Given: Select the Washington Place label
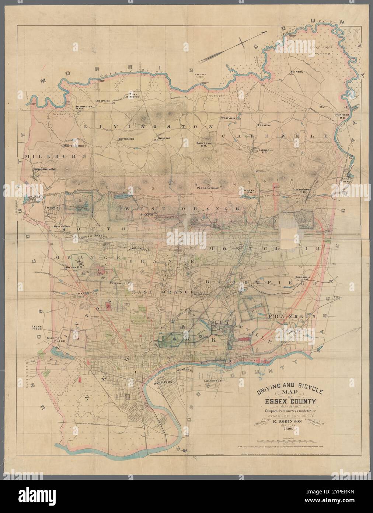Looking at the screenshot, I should [x=84, y=108].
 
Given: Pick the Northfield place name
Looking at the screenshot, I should [x=126, y=139].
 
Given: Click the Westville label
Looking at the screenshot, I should [x=229, y=118].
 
